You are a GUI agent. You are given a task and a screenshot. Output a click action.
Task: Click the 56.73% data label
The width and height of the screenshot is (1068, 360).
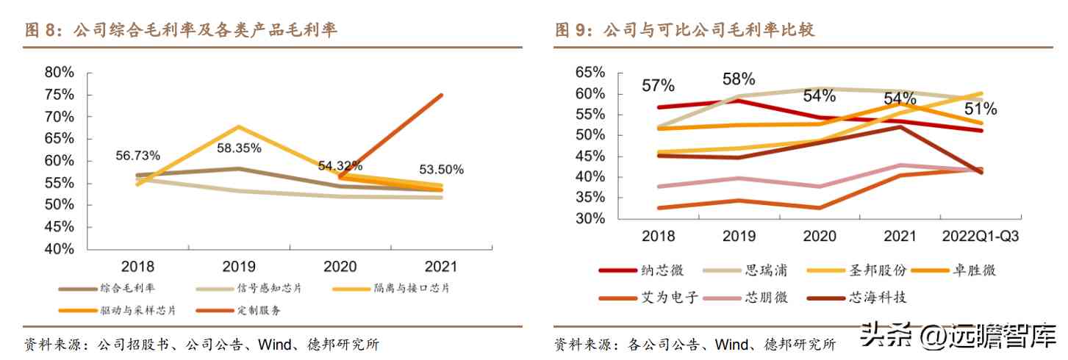click(x=138, y=155)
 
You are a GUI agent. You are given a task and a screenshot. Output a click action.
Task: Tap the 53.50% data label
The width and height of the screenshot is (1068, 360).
click(x=442, y=170)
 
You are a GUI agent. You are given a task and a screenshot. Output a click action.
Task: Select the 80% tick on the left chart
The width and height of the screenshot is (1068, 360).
click(x=60, y=72)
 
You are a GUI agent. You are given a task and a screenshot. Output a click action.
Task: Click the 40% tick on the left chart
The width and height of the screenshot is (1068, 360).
click(x=60, y=248)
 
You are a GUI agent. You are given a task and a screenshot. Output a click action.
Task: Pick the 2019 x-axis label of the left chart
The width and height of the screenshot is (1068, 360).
click(x=240, y=267)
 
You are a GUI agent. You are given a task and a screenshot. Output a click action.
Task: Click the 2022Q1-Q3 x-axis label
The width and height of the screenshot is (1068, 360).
click(x=980, y=237)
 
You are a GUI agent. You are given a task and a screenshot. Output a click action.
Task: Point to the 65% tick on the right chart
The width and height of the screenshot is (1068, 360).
click(x=590, y=73)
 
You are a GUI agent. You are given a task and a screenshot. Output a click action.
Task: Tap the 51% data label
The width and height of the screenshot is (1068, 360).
click(x=981, y=109)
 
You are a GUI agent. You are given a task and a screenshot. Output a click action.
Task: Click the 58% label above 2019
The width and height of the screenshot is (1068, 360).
click(x=738, y=79)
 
